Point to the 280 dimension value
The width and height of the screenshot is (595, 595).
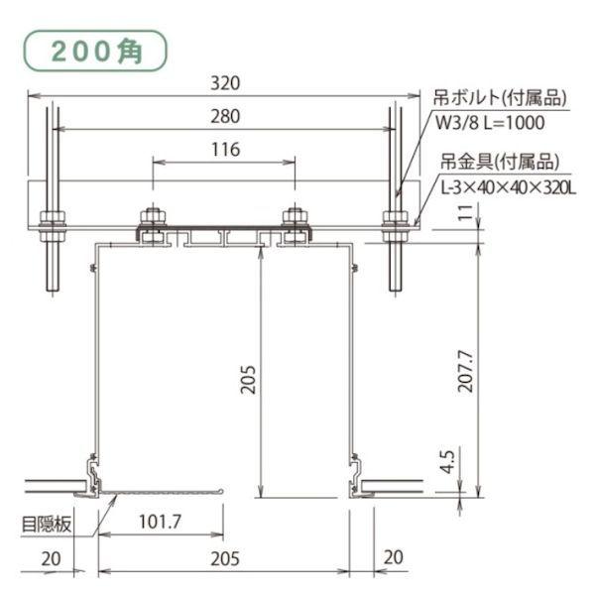(226, 116)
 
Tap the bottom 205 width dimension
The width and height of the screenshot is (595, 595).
(226, 559)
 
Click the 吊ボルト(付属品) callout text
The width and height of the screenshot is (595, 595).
(499, 98)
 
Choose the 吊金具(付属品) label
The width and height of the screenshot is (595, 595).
(499, 162)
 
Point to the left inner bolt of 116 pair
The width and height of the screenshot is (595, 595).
(153, 221)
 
